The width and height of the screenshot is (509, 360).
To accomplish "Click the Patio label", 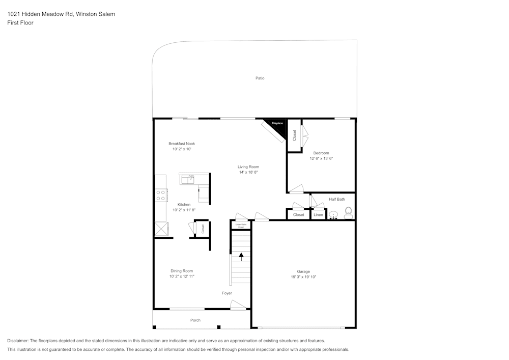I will [260, 78].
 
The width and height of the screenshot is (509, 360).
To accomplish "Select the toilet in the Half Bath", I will [349, 212].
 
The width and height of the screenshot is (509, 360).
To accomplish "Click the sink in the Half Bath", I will [333, 215].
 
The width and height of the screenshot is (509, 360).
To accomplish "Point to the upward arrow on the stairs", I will [241, 257].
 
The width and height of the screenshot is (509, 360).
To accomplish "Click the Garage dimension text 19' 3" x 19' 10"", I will [303, 277].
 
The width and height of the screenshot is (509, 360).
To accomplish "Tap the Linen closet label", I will [318, 215].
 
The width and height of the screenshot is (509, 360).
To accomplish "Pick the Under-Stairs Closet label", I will [241, 225].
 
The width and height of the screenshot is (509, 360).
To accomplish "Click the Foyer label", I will [227, 293].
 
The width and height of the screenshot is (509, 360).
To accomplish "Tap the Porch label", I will [195, 320].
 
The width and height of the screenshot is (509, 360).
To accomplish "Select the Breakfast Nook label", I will [182, 144].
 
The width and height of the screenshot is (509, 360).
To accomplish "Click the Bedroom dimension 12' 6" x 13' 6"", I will [321, 158].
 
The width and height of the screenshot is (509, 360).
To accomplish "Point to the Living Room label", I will [248, 167].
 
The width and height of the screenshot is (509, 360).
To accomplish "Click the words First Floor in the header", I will [20, 23].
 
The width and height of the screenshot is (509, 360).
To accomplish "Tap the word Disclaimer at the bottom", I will [18, 341].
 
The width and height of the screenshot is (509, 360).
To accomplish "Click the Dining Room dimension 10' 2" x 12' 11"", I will [182, 276].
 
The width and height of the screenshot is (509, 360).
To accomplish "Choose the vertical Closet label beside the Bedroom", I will [294, 135].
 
